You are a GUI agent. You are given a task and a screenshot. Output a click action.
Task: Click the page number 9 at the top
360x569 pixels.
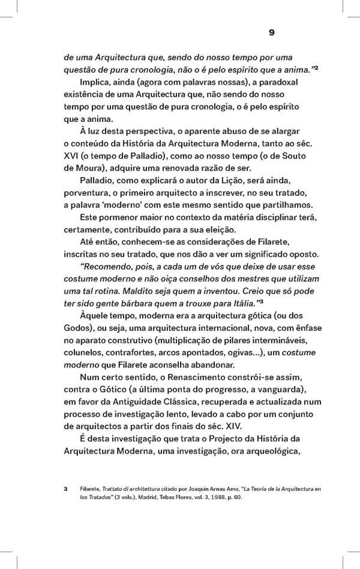[x=271, y=33]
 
